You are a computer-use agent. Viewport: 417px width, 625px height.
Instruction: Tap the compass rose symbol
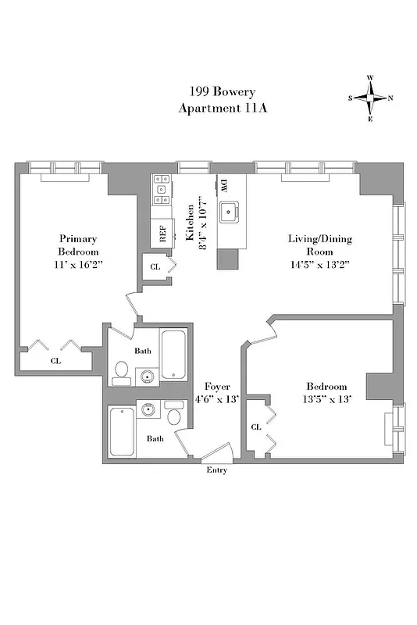(370, 98)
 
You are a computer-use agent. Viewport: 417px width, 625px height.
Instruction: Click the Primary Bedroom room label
(79, 245)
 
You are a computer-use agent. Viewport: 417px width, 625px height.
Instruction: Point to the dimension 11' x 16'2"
(79, 265)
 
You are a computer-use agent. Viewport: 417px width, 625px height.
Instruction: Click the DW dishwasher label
(223, 186)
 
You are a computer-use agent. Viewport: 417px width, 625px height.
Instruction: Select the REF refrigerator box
(163, 233)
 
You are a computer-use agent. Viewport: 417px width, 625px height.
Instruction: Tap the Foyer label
(216, 387)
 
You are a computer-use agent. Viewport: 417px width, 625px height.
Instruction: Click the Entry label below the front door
(216, 470)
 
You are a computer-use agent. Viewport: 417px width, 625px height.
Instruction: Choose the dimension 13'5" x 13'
(326, 400)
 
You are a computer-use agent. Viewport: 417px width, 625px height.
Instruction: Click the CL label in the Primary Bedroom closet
(55, 361)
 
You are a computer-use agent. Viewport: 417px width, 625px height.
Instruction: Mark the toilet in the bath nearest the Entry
(174, 420)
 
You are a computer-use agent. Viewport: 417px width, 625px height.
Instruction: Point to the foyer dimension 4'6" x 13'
(216, 400)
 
